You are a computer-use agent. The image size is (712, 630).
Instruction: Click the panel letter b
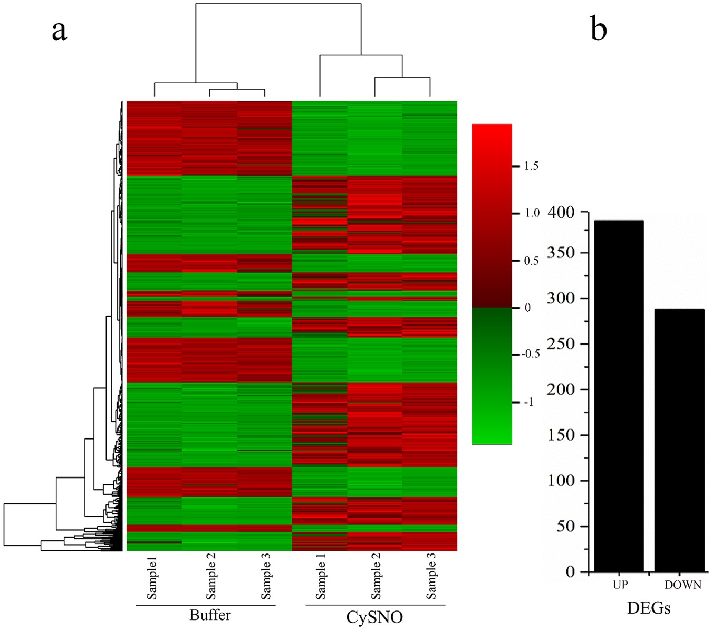599,28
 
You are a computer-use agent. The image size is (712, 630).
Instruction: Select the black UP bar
619,396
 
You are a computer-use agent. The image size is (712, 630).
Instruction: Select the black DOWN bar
679,440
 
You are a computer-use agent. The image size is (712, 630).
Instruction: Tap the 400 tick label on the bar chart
561,212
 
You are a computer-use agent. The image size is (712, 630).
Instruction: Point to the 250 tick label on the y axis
561,343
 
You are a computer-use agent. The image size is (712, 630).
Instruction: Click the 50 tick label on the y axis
566,526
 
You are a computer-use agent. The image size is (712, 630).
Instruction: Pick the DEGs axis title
649,608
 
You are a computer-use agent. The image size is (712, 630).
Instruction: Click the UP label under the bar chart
620,585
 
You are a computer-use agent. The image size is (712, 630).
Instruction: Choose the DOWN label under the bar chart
682,585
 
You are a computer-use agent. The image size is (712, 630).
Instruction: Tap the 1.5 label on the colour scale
531,166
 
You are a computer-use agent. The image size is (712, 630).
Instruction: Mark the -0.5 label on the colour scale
531,354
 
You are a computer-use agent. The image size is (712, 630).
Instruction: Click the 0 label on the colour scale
527,308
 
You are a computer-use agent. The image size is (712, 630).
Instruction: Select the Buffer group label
210,615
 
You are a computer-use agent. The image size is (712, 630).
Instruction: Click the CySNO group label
374,617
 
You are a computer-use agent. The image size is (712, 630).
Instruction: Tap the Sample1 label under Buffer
152,579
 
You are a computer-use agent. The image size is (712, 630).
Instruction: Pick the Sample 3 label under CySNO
431,579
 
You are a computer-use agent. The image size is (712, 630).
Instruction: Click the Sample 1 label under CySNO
320,579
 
